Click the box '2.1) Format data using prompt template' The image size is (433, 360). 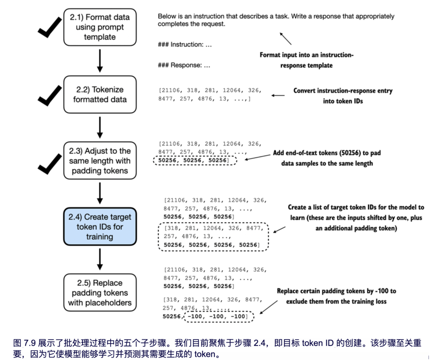pos(100,27)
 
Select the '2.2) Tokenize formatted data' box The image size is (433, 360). pos(100,95)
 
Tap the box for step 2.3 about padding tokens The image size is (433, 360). pos(100,161)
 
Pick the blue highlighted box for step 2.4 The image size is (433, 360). pos(100,227)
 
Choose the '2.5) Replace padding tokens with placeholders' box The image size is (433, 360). pos(100,293)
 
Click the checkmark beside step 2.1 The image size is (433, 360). pos(50,27)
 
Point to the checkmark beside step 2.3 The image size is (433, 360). pos(50,163)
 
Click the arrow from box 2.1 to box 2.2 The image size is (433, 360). pos(100,61)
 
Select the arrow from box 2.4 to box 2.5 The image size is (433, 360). pos(100,259)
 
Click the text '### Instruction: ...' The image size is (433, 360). pos(185,45)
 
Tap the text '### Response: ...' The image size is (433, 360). pos(184,65)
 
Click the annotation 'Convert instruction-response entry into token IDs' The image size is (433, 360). pos(343,96)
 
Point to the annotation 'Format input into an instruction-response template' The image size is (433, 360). pos(306,60)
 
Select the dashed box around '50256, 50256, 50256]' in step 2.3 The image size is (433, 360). pos(195,160)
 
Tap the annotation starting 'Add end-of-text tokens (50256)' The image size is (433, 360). pos(327,158)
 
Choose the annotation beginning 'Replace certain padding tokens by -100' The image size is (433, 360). pos(336,296)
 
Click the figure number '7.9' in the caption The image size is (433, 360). pos(29,343)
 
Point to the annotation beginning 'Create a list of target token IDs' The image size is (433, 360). pos(356,218)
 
